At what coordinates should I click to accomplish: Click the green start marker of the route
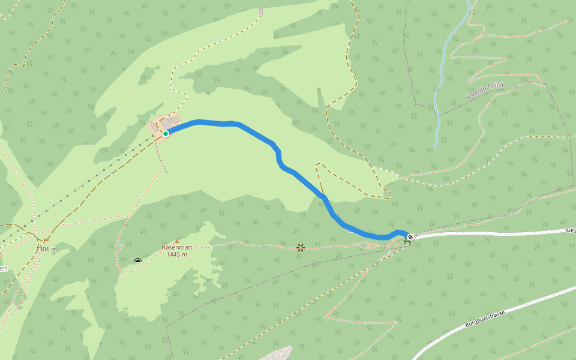click(x=165, y=133)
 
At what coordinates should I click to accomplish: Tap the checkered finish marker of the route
click(x=410, y=237)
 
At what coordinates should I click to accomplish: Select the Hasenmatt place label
click(x=176, y=247)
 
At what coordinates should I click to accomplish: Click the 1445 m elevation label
click(x=176, y=254)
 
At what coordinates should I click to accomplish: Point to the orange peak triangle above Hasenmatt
click(x=176, y=241)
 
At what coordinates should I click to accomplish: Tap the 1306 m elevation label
click(x=46, y=249)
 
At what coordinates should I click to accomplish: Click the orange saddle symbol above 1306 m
click(x=46, y=240)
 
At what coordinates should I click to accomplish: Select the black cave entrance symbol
click(x=138, y=261)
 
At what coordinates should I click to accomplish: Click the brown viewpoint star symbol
click(x=301, y=247)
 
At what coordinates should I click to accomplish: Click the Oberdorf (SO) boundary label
click(x=484, y=91)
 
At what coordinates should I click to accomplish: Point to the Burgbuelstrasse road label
click(x=485, y=319)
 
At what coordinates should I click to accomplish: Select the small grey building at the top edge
click(x=261, y=11)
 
